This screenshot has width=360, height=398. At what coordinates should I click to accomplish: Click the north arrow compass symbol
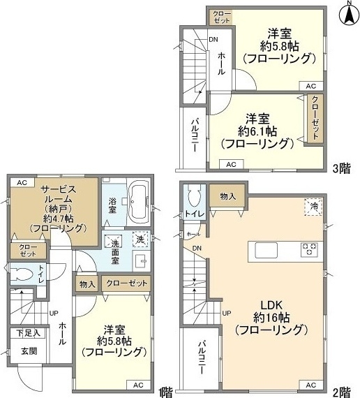[349, 14]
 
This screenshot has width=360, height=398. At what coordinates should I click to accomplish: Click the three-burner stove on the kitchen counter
[309, 249]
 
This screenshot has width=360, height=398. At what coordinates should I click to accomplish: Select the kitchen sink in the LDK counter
[266, 250]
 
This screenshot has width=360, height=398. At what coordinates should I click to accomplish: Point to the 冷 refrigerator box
[313, 207]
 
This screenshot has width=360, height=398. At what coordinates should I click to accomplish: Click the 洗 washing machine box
[140, 239]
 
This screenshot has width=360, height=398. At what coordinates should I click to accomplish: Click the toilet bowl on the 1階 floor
[22, 274]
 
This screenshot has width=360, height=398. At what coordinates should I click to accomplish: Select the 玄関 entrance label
[29, 351]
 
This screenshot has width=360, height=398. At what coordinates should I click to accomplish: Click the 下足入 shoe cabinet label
[28, 333]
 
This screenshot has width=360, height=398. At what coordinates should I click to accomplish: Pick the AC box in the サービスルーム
[22, 182]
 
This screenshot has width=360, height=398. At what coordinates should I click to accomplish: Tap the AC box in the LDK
[310, 385]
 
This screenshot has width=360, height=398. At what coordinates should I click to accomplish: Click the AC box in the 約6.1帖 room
[231, 164]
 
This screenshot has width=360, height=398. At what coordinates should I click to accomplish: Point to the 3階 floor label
[341, 168]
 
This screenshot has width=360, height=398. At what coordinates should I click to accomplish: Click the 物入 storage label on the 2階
[227, 196]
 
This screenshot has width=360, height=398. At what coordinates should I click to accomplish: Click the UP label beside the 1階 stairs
[54, 314]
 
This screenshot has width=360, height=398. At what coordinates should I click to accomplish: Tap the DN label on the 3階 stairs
[213, 39]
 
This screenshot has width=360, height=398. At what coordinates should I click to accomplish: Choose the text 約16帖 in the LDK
[271, 318]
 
